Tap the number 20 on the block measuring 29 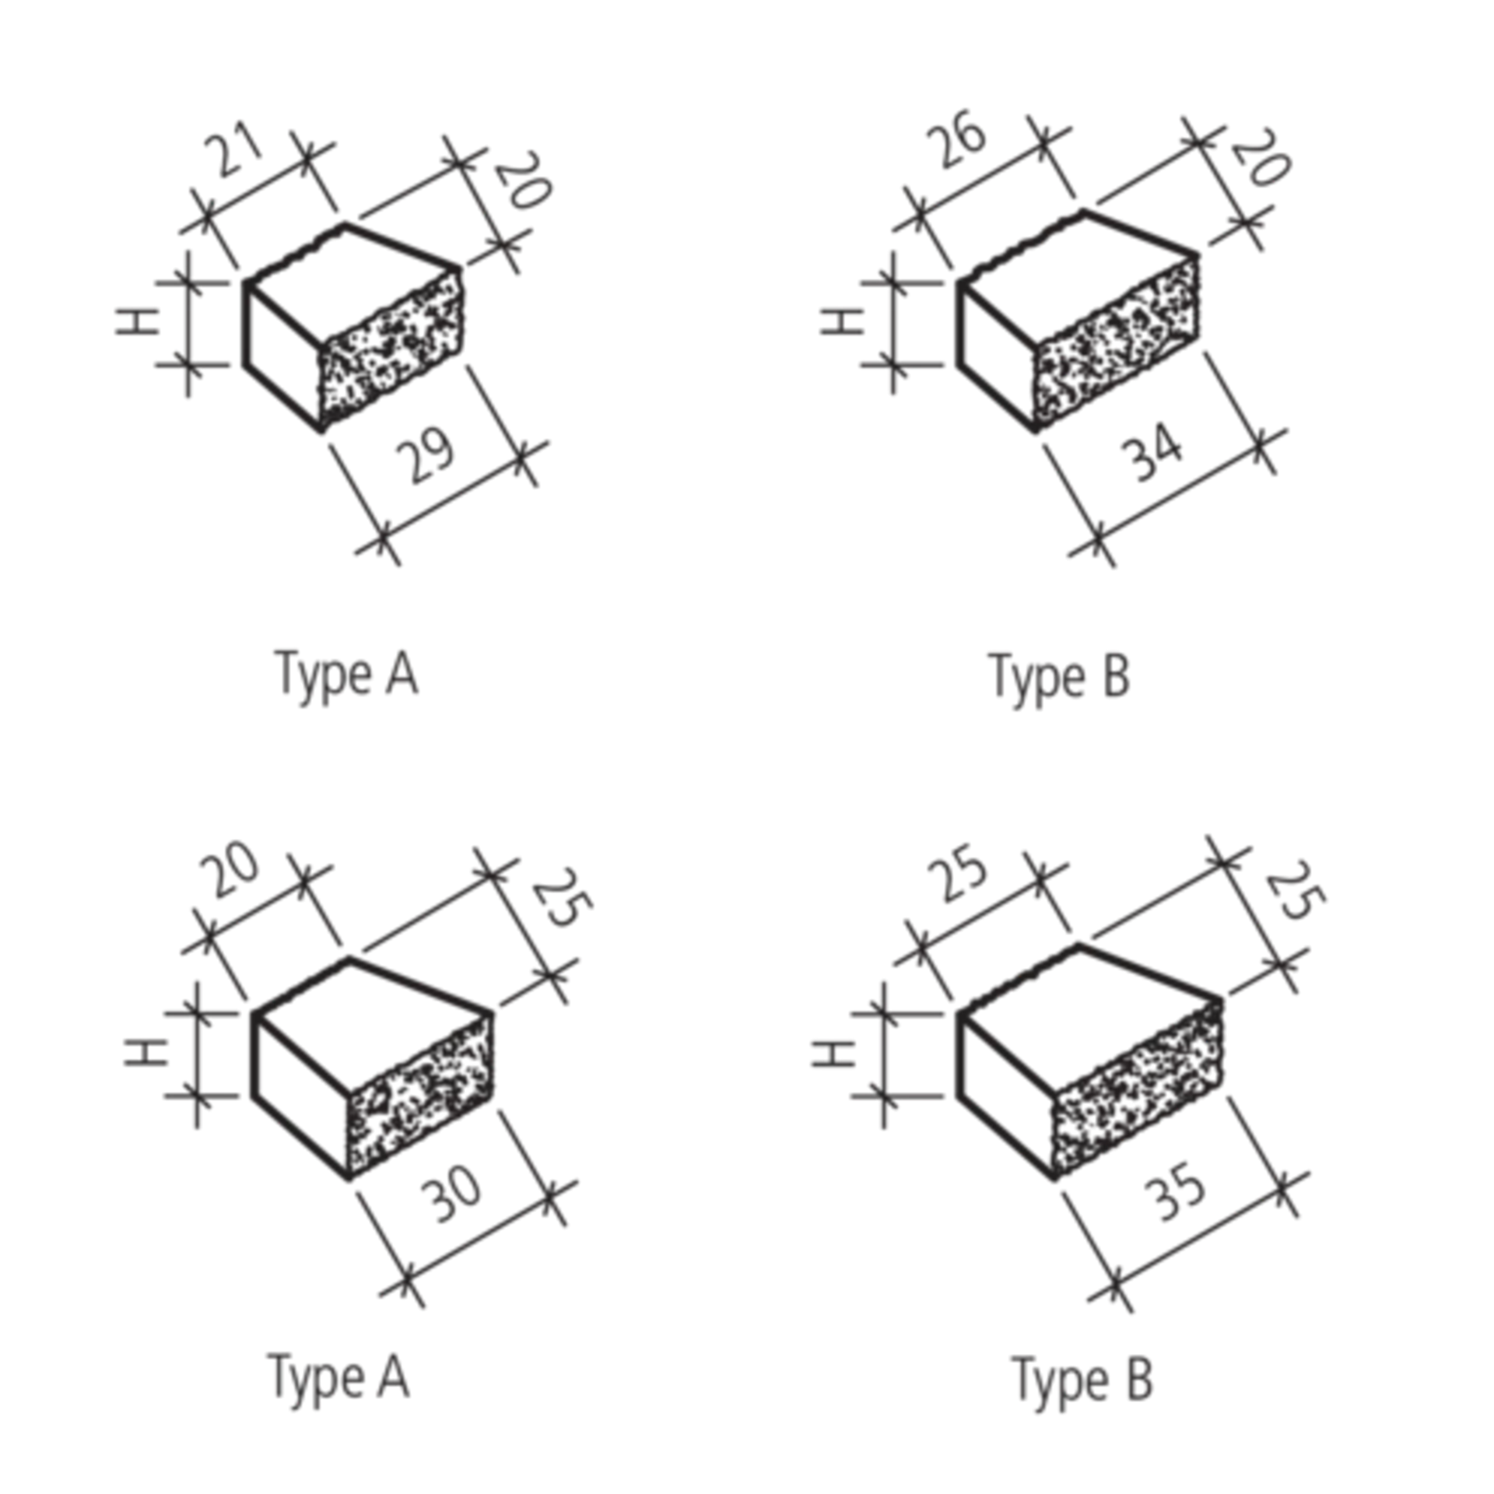click(x=523, y=181)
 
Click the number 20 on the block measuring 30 click(x=230, y=870)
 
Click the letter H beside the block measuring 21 click(x=138, y=321)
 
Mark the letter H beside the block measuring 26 click(x=843, y=321)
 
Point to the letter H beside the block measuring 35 click(x=833, y=1054)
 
